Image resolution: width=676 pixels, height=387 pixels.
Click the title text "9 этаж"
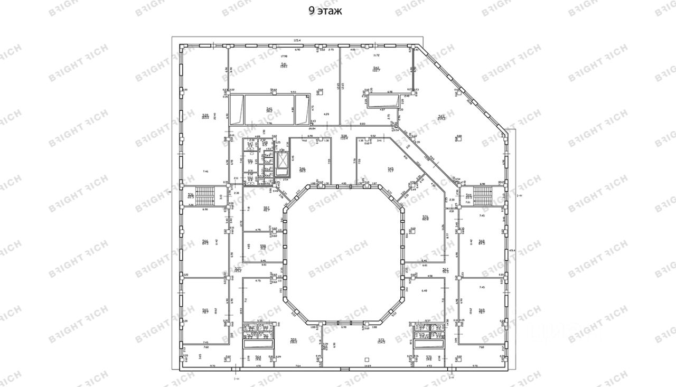[x=325, y=11]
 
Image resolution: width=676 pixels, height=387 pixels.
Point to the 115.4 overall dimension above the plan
[x=297, y=41]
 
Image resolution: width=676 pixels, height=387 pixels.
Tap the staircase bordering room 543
[x=482, y=196]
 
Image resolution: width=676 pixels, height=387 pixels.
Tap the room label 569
[x=481, y=310]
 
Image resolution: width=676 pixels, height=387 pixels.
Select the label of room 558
[x=262, y=247]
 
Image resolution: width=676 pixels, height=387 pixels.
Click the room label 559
[x=293, y=340]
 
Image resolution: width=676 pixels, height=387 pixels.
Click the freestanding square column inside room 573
[x=367, y=360]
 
